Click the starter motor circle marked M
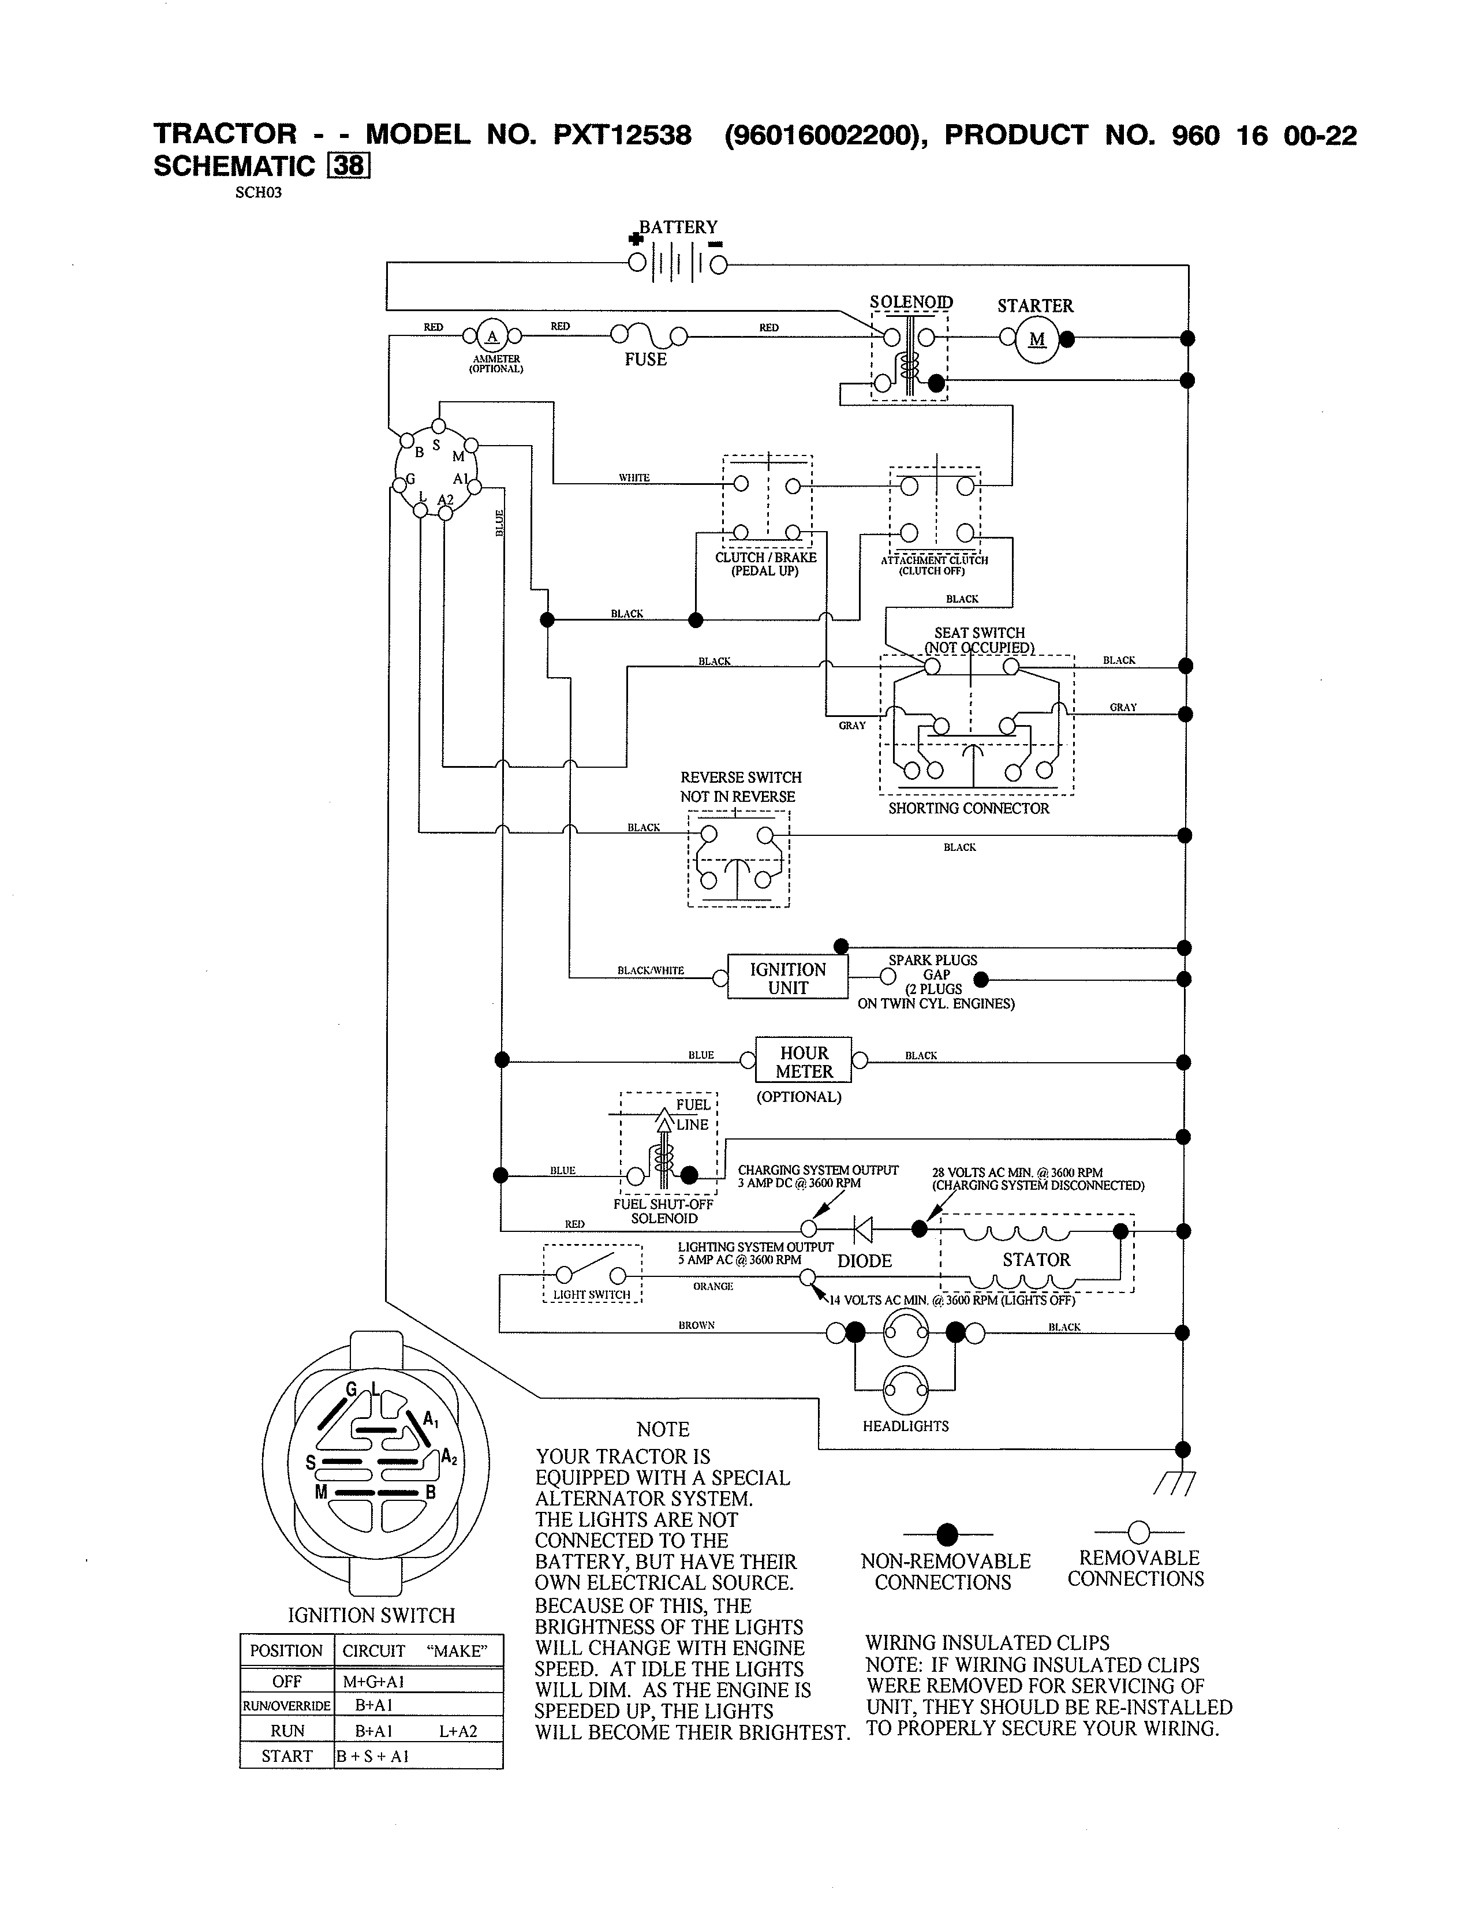1036,340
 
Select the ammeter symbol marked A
492,336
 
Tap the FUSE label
645,360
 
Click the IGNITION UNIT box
787,978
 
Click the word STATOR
1036,1260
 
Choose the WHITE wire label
634,477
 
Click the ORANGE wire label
712,1286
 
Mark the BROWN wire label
696,1325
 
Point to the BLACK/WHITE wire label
651,970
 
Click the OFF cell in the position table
287,1681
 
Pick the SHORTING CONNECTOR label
969,808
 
